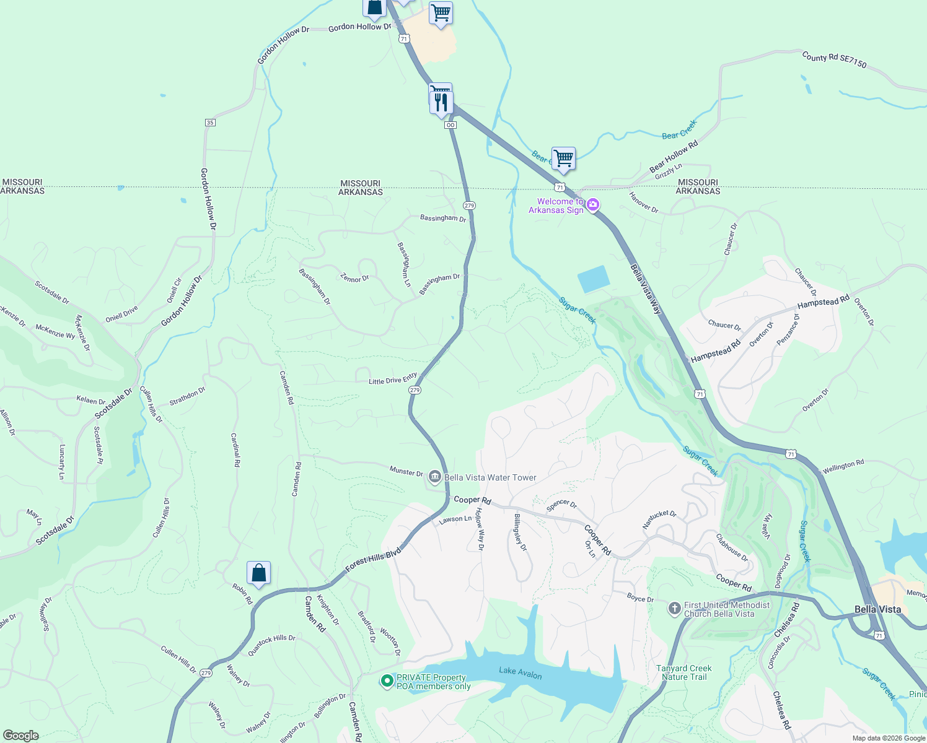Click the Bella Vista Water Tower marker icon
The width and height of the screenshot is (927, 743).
[435, 477]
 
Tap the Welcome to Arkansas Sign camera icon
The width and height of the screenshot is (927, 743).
[593, 205]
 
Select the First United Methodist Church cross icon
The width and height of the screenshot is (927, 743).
[674, 609]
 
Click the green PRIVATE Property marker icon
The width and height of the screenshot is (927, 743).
[387, 681]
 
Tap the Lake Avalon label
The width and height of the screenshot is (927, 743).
[521, 674]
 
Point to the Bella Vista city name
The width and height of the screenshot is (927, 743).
[877, 609]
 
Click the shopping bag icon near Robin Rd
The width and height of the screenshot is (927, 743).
[258, 573]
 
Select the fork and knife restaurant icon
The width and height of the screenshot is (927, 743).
[441, 102]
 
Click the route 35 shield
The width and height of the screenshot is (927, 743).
[210, 123]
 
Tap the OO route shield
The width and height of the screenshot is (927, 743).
[450, 125]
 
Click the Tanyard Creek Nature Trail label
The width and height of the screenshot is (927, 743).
[683, 672]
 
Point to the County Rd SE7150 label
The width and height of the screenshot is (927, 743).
[834, 60]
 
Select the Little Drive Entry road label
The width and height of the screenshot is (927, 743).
[393, 379]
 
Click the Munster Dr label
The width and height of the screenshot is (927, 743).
[406, 472]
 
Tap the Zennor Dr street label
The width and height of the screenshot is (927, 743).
[354, 279]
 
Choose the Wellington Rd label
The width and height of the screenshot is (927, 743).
[843, 467]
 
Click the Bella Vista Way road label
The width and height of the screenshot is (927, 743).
[646, 289]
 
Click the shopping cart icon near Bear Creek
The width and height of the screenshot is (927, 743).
[563, 159]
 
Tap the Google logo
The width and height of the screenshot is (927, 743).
[21, 736]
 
